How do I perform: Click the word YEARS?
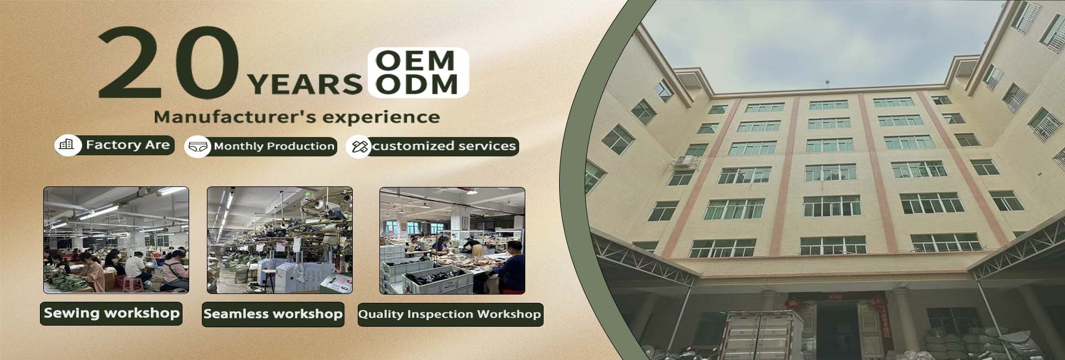pyautogui.click(x=305, y=85)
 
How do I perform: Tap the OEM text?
pyautogui.click(x=415, y=60)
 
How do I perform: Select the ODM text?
pyautogui.click(x=416, y=84)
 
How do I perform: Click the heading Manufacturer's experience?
pyautogui.click(x=297, y=117)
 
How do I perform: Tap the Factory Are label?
pyautogui.click(x=128, y=145)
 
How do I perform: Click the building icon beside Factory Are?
pyautogui.click(x=67, y=145)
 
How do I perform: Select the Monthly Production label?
pyautogui.click(x=274, y=146)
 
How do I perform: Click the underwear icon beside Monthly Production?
pyautogui.click(x=198, y=147)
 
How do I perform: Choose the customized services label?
pyautogui.click(x=444, y=146)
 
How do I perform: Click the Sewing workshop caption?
pyautogui.click(x=111, y=313)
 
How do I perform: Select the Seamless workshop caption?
pyautogui.click(x=273, y=314)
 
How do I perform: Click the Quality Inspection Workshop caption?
pyautogui.click(x=449, y=315)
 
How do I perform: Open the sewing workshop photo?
pyautogui.click(x=116, y=240)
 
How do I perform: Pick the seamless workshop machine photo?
pyautogui.click(x=280, y=240)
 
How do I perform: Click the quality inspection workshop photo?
pyautogui.click(x=452, y=241)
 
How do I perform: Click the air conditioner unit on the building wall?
pyautogui.click(x=683, y=162)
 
